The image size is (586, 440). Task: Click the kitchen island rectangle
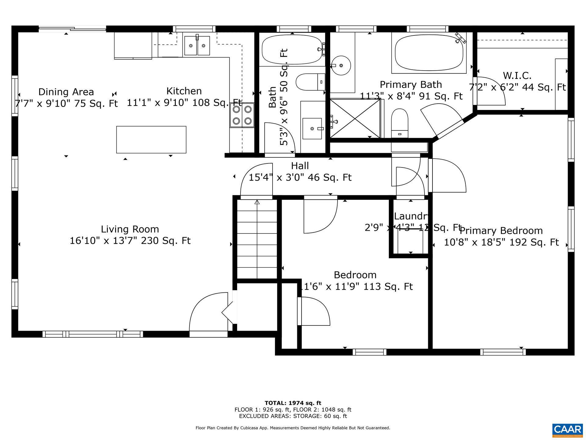click(x=151, y=139)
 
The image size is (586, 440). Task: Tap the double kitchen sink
click(x=197, y=46)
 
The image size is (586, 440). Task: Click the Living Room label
click(x=130, y=229)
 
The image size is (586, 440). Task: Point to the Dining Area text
click(x=66, y=92)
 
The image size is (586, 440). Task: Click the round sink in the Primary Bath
click(x=341, y=65)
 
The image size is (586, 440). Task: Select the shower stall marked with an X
click(x=355, y=118)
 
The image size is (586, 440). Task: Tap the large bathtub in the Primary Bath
click(x=429, y=53)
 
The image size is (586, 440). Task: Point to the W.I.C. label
click(x=517, y=75)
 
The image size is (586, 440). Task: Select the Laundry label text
click(x=411, y=216)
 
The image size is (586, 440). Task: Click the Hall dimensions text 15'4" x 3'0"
click(x=300, y=177)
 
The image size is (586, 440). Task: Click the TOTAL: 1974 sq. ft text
click(x=293, y=403)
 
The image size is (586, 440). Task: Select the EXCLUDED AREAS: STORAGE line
click(x=293, y=416)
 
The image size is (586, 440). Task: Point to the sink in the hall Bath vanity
click(x=312, y=129)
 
